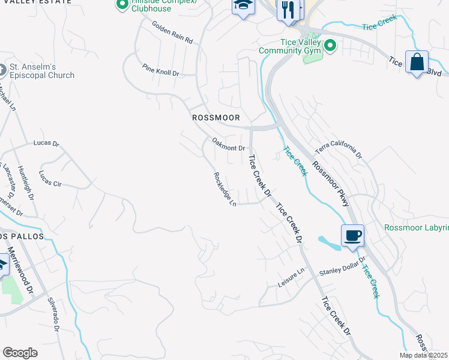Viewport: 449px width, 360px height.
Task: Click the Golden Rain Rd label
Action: (x=172, y=34)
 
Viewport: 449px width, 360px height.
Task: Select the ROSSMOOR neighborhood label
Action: (x=215, y=118)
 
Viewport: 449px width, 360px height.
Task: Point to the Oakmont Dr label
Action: (x=229, y=145)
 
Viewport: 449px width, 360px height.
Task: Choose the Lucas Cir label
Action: (x=50, y=179)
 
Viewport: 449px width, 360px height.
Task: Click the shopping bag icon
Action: (x=417, y=62)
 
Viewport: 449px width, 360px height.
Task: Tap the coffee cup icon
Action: (x=352, y=235)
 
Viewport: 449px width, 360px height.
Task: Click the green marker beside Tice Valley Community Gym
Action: (x=330, y=46)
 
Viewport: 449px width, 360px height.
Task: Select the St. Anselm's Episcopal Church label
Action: (x=41, y=71)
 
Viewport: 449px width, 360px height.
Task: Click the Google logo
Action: (x=20, y=353)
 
